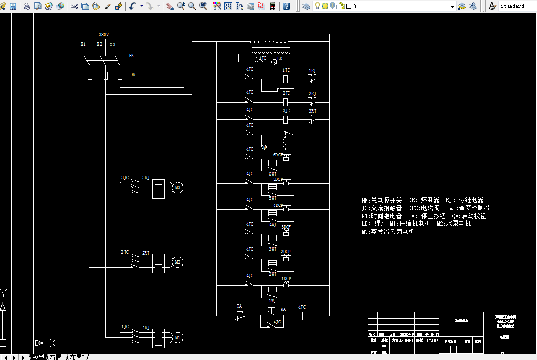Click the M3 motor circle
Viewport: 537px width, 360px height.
click(x=177, y=188)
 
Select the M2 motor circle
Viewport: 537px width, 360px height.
click(x=177, y=262)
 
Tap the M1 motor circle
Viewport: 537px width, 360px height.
click(x=177, y=337)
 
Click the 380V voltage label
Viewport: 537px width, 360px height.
click(x=104, y=35)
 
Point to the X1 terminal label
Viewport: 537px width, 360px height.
click(x=83, y=44)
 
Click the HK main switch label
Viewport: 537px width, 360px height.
click(x=131, y=56)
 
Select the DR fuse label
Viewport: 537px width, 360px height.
click(x=133, y=75)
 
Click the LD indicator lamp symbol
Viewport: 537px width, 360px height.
click(x=275, y=62)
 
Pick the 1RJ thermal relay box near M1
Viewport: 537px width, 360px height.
click(x=158, y=337)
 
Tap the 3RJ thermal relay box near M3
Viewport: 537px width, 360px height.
click(x=158, y=188)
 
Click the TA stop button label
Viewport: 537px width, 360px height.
click(x=239, y=306)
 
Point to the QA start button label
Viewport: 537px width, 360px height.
click(x=283, y=309)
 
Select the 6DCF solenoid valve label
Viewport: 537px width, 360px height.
click(x=278, y=155)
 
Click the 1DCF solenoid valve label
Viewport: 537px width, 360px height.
click(x=286, y=279)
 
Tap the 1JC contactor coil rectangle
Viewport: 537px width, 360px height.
click(x=285, y=78)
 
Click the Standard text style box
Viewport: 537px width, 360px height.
click(x=515, y=6)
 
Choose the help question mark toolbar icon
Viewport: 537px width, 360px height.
click(x=287, y=6)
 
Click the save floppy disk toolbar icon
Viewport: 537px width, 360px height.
click(x=13, y=6)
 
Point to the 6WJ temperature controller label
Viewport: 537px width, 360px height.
click(x=273, y=174)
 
